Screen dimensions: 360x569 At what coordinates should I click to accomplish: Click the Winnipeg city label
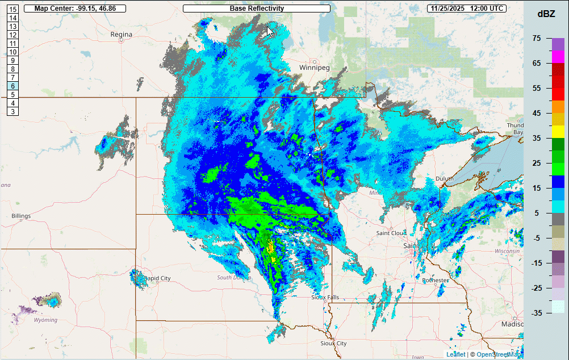(315, 68)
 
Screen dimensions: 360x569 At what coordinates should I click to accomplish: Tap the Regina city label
(121, 35)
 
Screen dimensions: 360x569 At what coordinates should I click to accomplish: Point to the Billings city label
(21, 216)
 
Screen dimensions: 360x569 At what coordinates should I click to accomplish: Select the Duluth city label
(445, 179)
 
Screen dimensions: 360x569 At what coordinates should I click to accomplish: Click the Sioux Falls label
(325, 298)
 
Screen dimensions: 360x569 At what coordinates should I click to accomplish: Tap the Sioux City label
(333, 344)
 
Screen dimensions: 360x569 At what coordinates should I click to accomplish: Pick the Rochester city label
(436, 281)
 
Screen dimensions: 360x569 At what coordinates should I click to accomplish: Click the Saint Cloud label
(390, 233)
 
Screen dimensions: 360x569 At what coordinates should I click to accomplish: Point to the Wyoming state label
(45, 320)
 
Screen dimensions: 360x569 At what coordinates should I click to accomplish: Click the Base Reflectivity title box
(257, 9)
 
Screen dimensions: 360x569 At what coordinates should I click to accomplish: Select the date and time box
(467, 9)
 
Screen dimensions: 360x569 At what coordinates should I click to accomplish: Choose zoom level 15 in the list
(12, 10)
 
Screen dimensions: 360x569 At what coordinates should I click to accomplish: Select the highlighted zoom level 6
(12, 86)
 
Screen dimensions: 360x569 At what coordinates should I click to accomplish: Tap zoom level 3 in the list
(12, 111)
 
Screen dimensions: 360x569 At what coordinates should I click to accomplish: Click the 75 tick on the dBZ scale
(537, 38)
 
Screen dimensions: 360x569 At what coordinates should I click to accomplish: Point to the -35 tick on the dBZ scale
(536, 313)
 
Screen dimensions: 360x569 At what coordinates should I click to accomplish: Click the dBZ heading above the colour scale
(546, 14)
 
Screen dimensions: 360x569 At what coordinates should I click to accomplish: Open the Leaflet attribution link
(455, 354)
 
